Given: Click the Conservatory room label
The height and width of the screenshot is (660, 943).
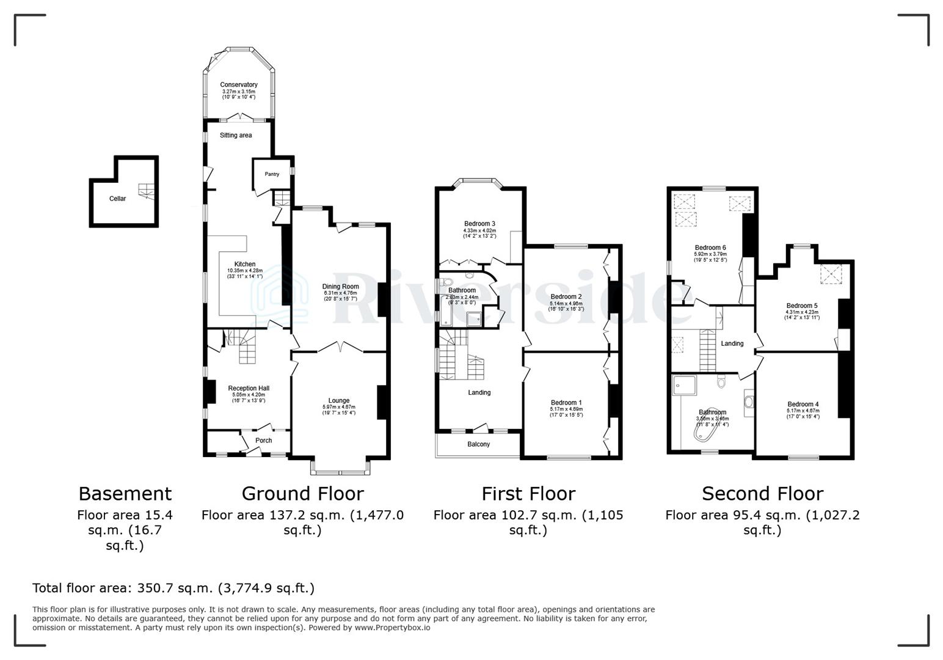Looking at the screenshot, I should pos(239,85).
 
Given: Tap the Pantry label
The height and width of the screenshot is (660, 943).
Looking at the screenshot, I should pos(272,174).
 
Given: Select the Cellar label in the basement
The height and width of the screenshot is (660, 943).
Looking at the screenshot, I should pos(117,199).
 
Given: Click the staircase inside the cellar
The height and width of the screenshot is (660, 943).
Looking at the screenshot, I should pos(146,191).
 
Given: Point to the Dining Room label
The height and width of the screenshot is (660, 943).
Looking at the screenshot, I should pos(340,287).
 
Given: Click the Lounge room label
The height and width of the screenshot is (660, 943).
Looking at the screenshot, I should pos(339,401).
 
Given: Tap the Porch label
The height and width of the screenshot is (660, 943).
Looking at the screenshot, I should pos(263,441).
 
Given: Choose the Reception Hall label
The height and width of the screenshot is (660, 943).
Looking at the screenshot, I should pos(249,388).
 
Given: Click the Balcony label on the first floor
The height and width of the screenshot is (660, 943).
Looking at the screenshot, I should pos(478,444).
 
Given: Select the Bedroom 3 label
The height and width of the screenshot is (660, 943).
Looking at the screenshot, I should pos(479,224).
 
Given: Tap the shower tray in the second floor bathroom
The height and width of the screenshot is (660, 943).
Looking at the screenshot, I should pos(682,385).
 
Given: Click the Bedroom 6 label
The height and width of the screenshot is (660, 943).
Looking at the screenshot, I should pos(710,248).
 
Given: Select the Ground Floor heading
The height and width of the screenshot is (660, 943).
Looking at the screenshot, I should pos(302,493).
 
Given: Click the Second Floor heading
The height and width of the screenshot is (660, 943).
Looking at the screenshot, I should pos(762,493).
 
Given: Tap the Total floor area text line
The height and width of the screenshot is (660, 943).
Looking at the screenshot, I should pos(173,588).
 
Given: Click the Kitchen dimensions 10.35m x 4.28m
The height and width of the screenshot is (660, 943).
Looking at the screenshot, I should pos(244,270).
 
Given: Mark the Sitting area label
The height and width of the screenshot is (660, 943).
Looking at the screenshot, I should pos(236,135).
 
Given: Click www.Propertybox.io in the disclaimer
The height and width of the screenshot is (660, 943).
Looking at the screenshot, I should pos(392,628).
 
